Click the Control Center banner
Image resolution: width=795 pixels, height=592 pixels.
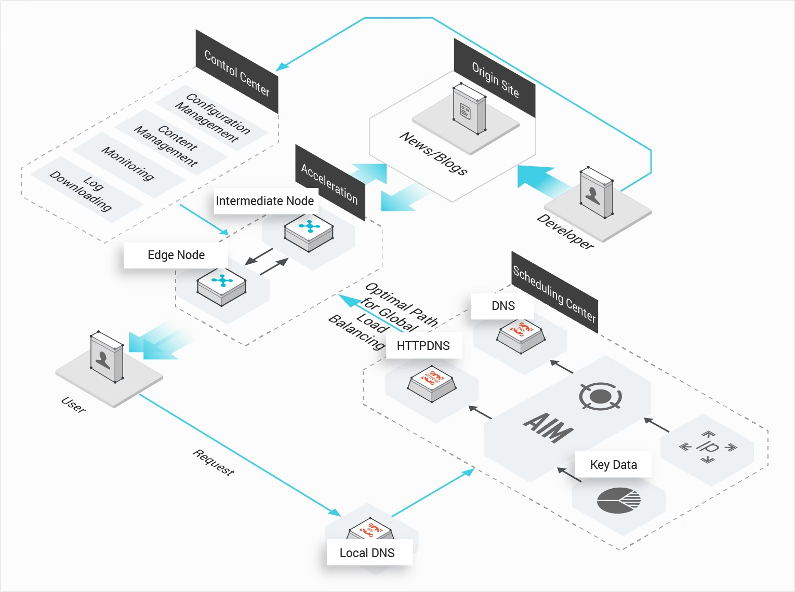237,72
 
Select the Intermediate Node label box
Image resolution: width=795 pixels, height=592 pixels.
265,201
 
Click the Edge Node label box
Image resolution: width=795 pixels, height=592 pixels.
176,255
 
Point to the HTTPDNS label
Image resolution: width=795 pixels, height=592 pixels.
423,346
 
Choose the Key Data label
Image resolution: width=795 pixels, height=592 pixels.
613,465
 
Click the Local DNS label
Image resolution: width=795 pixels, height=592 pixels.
367,553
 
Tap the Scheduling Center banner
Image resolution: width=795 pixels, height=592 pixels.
554,293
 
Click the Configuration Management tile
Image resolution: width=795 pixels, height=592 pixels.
213,117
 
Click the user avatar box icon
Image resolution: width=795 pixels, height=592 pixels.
107,357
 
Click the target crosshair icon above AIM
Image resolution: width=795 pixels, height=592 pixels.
600,397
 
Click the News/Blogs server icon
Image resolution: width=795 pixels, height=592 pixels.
469,109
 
